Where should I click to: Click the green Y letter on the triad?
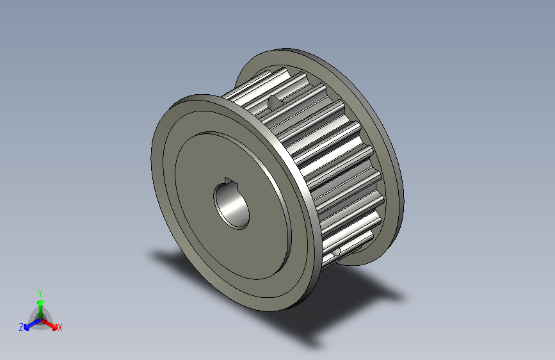[40, 291]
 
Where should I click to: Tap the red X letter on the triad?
[60, 328]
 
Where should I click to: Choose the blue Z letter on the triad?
[21, 327]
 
